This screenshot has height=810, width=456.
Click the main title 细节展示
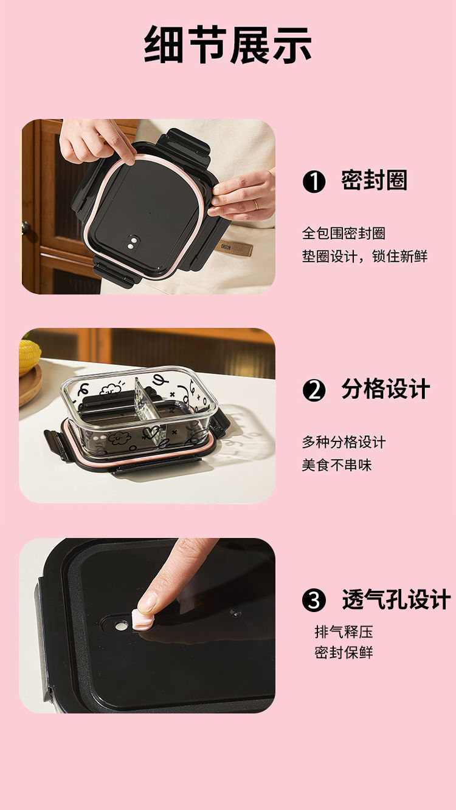[228, 46]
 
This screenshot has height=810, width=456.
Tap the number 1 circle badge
[314, 182]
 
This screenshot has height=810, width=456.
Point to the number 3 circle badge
[314, 601]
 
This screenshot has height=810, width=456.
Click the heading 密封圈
[374, 181]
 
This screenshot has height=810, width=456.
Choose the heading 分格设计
[385, 390]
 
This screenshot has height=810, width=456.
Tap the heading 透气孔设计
[396, 600]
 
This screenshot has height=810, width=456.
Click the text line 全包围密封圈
[344, 233]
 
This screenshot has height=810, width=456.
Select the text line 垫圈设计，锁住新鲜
[365, 256]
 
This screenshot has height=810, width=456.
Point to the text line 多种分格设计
[344, 442]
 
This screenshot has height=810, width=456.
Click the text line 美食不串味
[337, 465]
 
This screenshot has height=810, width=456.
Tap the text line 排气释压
[344, 631]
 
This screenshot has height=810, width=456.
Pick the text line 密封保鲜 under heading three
[344, 653]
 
